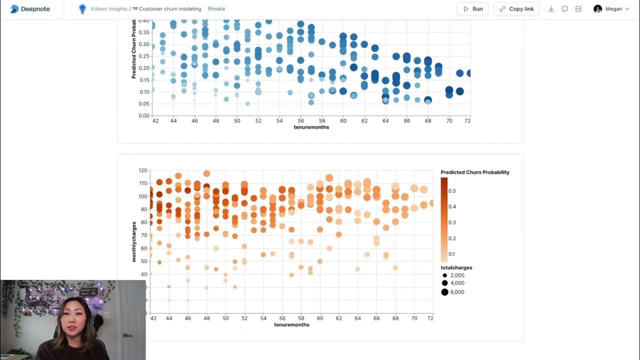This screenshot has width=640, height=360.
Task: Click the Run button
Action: (472, 9)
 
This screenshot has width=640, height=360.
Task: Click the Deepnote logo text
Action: (35, 9)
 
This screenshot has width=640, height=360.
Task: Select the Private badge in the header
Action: (216, 9)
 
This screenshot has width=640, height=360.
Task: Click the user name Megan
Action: (613, 9)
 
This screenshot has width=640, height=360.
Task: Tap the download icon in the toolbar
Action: (551, 9)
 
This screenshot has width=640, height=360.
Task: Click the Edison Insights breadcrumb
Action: (108, 9)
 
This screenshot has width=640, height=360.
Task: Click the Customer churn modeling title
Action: (170, 9)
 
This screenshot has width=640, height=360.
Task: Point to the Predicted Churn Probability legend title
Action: (475, 172)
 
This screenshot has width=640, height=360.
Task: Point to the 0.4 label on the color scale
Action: (452, 206)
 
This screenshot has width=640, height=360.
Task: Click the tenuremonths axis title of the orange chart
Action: (291, 324)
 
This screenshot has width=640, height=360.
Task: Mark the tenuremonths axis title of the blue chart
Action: (311, 127)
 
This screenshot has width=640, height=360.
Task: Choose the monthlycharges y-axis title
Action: (134, 241)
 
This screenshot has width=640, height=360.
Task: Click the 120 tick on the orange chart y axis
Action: (142, 170)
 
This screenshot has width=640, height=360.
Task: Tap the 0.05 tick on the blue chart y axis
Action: (143, 103)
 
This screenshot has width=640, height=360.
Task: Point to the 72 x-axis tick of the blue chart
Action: (467, 120)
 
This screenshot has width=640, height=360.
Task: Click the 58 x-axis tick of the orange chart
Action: (301, 318)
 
